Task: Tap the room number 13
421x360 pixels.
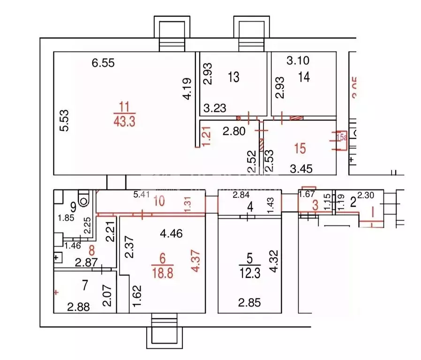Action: [x=233, y=76]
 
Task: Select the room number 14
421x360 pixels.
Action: [x=304, y=76]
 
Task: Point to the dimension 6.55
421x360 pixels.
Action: [x=103, y=63]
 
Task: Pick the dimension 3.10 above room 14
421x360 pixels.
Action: [x=298, y=60]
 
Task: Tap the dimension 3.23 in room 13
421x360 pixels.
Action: [x=215, y=108]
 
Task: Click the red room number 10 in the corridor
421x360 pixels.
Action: [x=159, y=202]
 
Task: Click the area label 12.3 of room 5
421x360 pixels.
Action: [x=249, y=272]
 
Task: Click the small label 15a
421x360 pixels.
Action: [x=342, y=137]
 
